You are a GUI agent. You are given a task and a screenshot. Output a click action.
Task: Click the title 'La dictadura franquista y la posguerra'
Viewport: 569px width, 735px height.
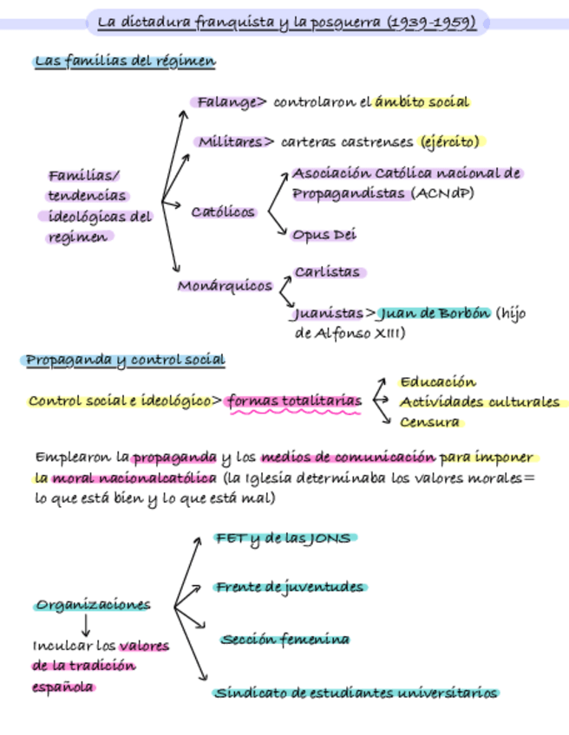[286, 22]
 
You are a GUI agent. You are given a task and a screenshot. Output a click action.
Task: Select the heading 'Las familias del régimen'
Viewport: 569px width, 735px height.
[125, 62]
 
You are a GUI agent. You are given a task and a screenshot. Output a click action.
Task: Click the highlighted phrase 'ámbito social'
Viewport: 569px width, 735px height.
[422, 102]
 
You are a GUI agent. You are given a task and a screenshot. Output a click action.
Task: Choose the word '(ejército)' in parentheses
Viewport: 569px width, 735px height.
[450, 141]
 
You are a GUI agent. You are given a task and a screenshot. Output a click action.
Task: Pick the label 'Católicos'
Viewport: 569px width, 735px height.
[224, 211]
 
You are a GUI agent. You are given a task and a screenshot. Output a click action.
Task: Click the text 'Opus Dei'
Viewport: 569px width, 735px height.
[324, 235]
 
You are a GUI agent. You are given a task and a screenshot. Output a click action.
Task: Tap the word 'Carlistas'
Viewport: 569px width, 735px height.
[327, 272]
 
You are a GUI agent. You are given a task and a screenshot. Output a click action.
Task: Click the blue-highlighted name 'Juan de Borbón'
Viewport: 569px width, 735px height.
[435, 313]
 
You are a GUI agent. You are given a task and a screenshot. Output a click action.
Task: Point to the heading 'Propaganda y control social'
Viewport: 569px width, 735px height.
[125, 360]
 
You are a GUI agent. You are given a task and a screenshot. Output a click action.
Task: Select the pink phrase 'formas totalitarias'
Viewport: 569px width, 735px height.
[293, 400]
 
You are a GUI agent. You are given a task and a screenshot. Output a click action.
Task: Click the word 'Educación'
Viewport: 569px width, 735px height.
[438, 381]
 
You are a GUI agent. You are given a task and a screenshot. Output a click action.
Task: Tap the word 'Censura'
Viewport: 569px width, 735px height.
[429, 423]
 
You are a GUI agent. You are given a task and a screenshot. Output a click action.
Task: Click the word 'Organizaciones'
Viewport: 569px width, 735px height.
[93, 605]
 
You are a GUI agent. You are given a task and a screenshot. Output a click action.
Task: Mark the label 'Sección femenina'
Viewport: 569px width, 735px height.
[284, 640]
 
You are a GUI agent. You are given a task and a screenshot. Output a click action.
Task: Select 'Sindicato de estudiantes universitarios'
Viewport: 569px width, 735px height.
[356, 693]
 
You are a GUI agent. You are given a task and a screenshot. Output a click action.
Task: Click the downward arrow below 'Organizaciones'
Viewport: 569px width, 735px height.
[86, 626]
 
